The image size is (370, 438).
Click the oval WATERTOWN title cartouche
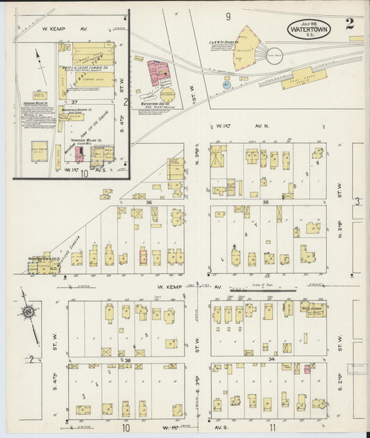[x=309, y=28]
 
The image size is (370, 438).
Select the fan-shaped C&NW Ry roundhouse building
[x=246, y=49]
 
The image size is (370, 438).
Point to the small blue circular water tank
[x=227, y=85]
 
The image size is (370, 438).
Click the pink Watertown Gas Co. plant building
[x=158, y=72]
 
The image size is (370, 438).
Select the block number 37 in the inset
[x=73, y=101]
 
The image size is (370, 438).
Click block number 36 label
[x=149, y=202]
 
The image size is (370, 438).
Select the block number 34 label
[x=271, y=359]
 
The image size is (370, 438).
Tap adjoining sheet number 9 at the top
[x=227, y=15]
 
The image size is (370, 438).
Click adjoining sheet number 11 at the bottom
[x=273, y=428]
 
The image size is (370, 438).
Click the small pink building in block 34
[x=306, y=369]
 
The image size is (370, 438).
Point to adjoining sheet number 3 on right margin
[x=358, y=201]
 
